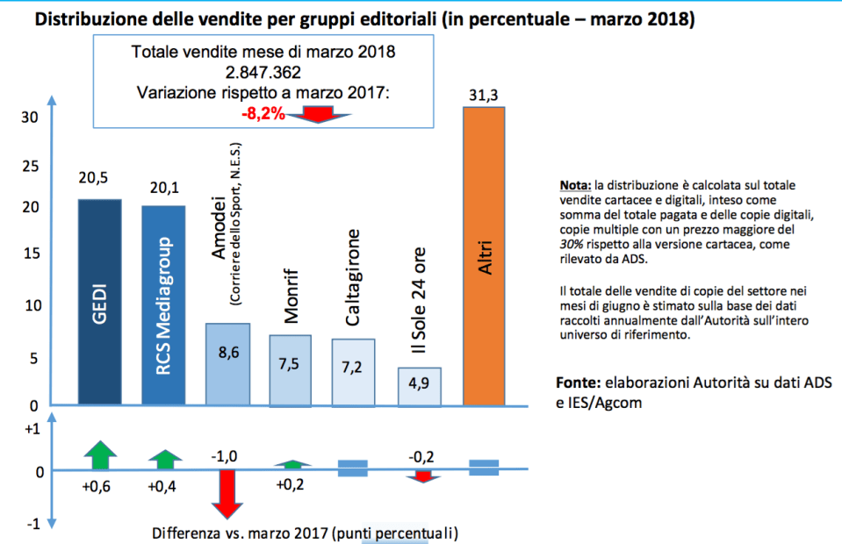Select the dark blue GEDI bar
click(x=98, y=303)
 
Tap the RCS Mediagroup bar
click(x=163, y=306)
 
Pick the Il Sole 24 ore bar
click(x=419, y=387)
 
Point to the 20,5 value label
click(x=98, y=179)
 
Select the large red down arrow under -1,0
click(x=227, y=496)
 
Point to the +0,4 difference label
click(x=163, y=488)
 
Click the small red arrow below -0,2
click(x=423, y=476)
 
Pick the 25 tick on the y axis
click(x=29, y=166)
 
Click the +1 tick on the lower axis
click(x=31, y=430)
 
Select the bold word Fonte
click(x=577, y=384)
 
